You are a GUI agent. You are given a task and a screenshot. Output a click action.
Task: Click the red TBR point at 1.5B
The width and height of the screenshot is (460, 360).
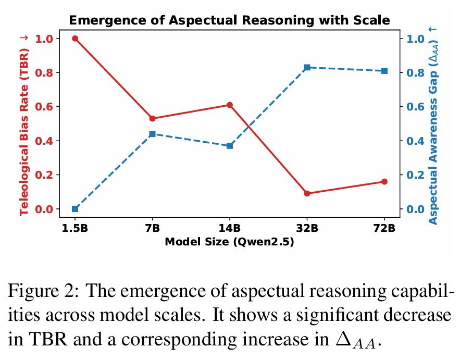[x=75, y=39]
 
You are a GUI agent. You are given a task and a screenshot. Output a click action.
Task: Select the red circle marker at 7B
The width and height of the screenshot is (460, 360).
[x=152, y=119]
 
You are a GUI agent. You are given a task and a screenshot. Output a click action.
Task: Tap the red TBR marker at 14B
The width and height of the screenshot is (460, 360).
[x=230, y=105]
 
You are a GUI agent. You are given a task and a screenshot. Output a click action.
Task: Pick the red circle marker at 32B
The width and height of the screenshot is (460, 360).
[x=307, y=193]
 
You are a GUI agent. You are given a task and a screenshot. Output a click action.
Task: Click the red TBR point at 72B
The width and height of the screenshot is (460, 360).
[x=384, y=182]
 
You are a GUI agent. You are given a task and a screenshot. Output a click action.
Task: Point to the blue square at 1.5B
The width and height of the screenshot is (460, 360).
[x=75, y=209]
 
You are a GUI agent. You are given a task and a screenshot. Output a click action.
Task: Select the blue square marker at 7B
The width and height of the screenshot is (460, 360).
[x=152, y=134]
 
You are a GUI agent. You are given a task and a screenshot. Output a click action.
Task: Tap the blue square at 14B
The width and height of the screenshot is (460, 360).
[x=230, y=146]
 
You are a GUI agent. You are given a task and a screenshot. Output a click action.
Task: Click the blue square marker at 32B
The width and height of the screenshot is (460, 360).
[x=307, y=68]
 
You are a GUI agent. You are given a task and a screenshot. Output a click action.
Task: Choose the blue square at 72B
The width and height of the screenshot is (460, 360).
[x=384, y=71]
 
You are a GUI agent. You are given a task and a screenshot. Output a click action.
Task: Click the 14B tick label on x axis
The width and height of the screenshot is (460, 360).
[x=230, y=228]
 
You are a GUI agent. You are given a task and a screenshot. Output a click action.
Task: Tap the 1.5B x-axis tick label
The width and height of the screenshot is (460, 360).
[x=75, y=228]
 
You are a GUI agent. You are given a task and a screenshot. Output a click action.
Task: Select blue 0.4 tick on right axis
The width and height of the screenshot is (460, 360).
[x=415, y=141]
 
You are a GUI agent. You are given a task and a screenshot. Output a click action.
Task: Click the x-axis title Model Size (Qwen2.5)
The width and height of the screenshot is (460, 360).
[x=229, y=242]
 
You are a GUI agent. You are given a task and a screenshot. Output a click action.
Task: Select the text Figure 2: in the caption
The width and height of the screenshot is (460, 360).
[x=43, y=291]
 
